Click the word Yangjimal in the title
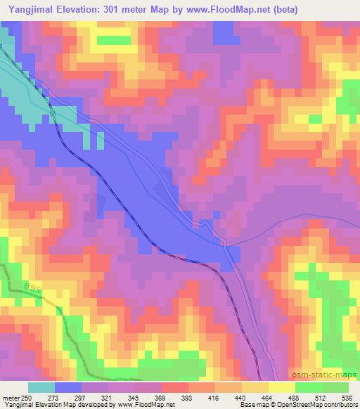pyautogui.click(x=29, y=10)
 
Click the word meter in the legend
pyautogui.click(x=11, y=398)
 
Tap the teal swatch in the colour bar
pyautogui.click(x=41, y=387)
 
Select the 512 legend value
pyautogui.click(x=325, y=398)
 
